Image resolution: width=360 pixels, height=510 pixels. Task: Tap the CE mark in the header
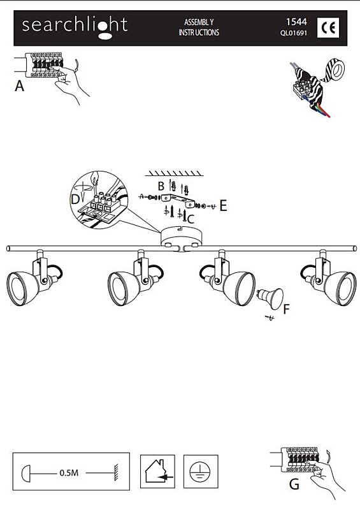pos(328,28)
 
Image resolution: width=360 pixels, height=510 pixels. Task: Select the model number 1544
pos(296,22)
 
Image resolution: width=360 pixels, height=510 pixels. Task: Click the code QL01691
pos(294,33)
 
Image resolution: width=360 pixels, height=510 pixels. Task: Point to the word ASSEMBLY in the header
pos(199,22)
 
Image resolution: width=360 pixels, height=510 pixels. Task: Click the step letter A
pos(20,86)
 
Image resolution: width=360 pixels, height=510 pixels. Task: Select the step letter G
pos(294,484)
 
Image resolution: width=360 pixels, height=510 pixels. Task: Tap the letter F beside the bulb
pos(286,309)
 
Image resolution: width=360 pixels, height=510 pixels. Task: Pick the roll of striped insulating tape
pos(333,69)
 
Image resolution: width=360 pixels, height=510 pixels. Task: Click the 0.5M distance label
pos(69,472)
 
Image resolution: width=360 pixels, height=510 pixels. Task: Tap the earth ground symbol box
pos(201,471)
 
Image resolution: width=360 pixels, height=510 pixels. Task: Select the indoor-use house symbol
pos(157,471)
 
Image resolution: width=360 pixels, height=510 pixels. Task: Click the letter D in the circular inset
pos(75,199)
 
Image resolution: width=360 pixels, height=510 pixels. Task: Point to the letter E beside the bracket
pos(223,205)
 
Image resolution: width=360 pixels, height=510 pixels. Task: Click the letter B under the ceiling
pos(161,186)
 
